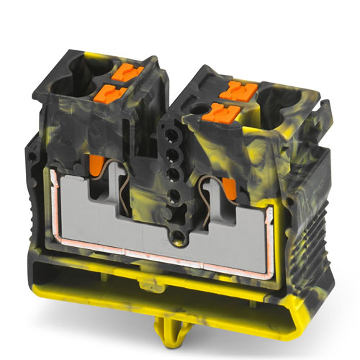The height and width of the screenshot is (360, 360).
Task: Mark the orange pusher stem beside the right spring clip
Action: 228,188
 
